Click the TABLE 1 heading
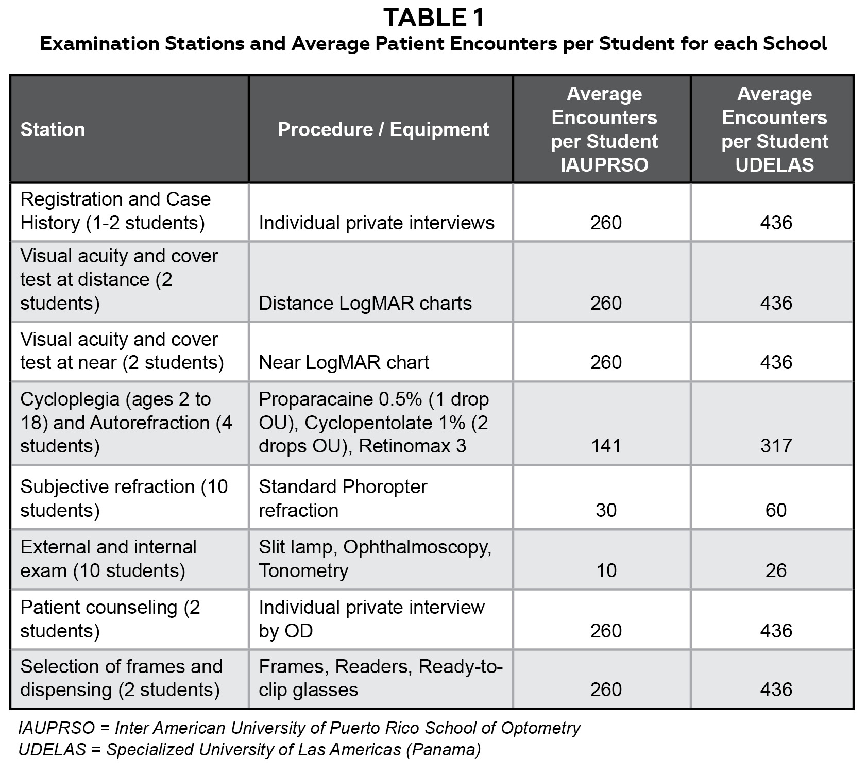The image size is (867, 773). pos(434,18)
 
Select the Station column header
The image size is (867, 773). pos(53,129)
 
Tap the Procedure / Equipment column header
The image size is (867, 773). pos(383,129)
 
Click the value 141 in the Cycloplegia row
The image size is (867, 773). pos(606,446)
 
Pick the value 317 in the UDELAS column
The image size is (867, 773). pos(776,446)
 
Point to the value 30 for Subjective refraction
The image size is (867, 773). pos(606,510)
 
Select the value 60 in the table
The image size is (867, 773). pos(776,510)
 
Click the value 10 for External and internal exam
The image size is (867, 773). pos(606,570)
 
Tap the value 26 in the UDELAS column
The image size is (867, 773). pos(776,570)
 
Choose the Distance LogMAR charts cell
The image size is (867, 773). pos(365,303)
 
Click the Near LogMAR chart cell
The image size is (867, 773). pos(344,362)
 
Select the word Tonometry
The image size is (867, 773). pos(303,570)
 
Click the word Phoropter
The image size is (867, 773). pos(384,486)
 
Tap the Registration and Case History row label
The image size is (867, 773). pos(115,211)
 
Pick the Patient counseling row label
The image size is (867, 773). pos(110,619)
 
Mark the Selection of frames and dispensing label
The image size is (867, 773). pos(121,678)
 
